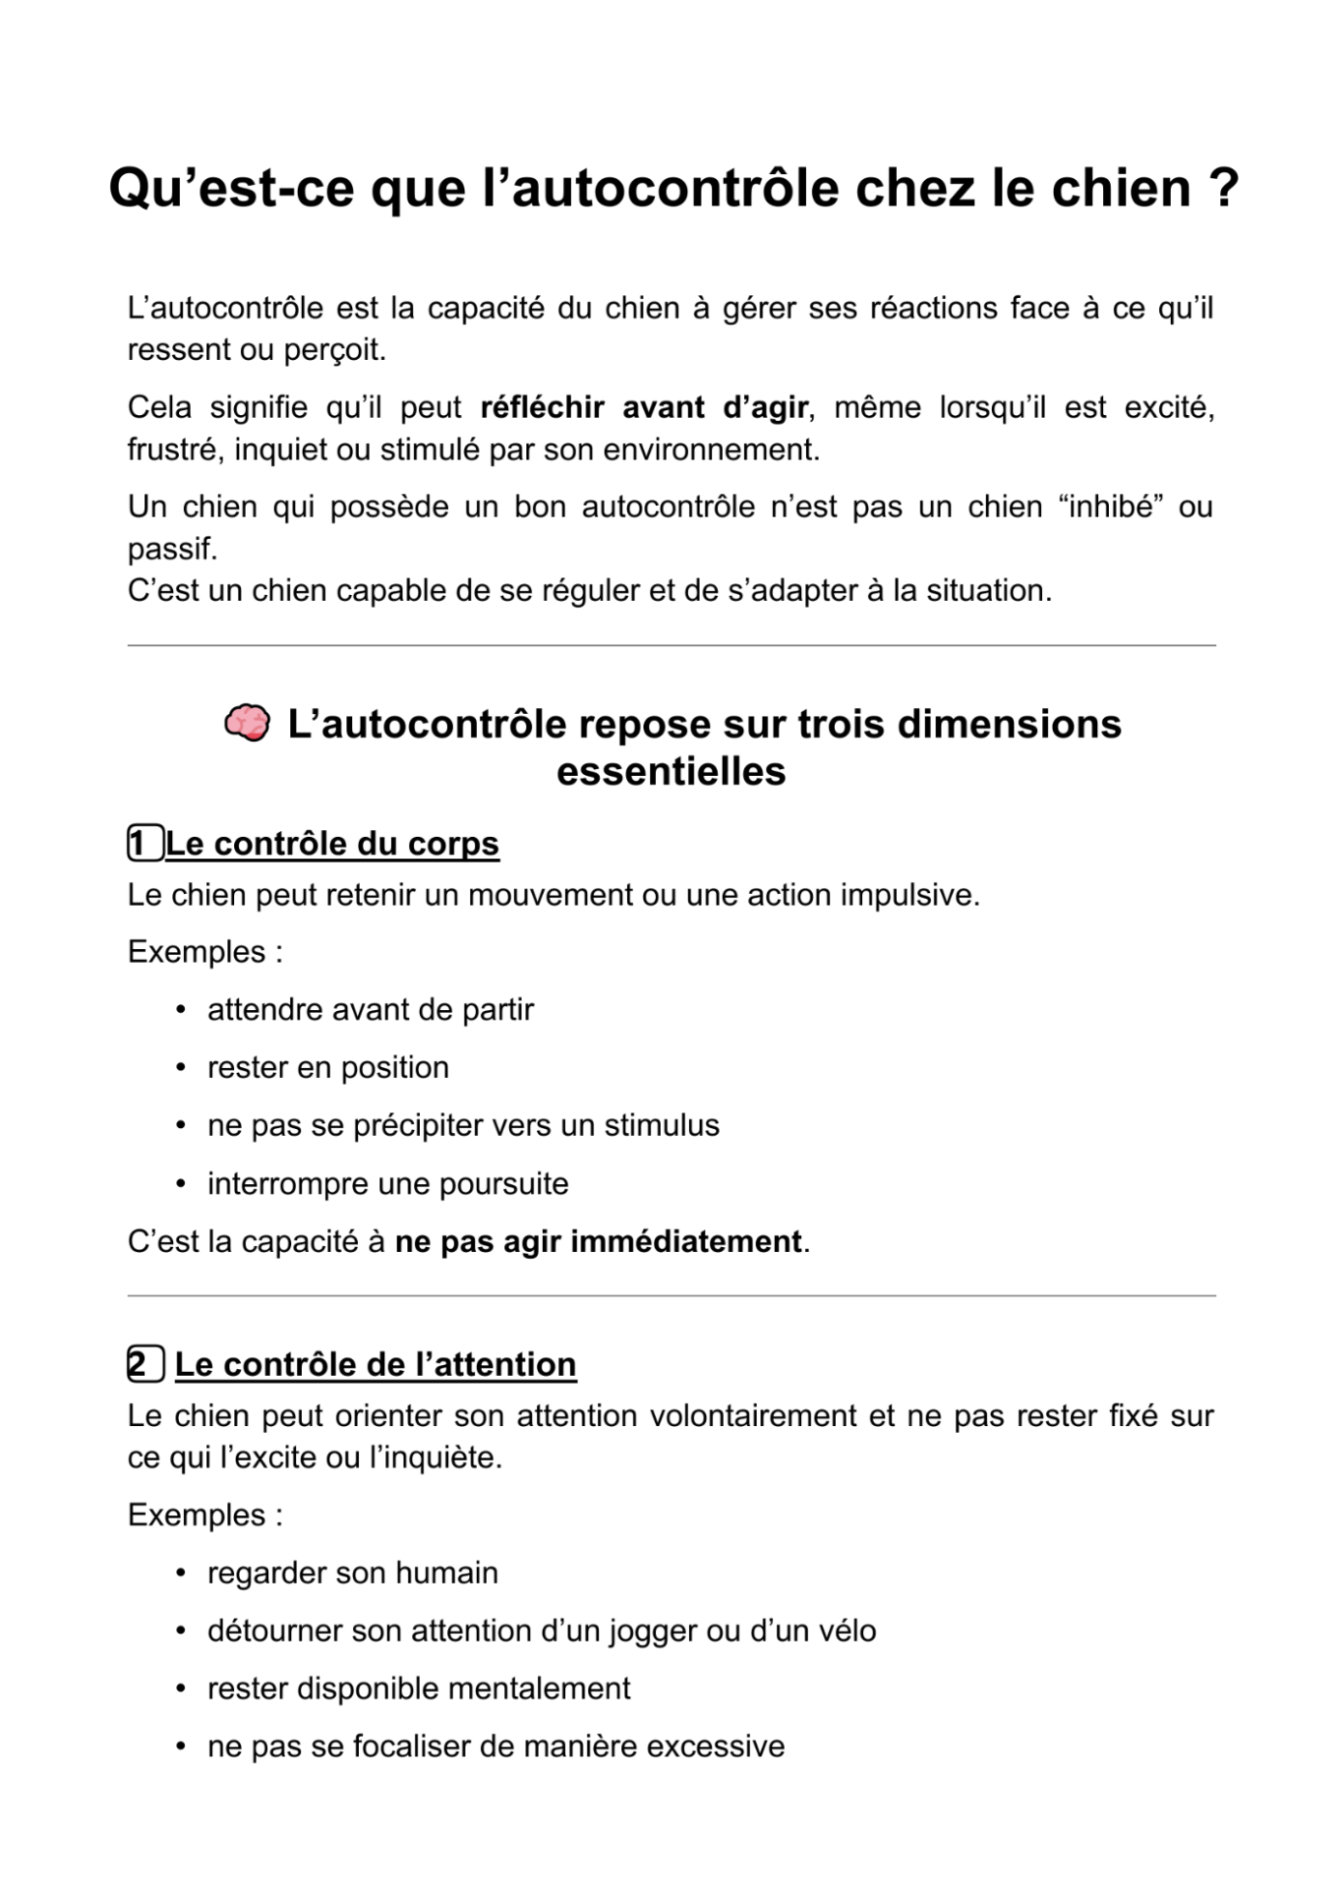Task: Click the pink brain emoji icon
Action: [246, 723]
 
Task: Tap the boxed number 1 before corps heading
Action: [145, 844]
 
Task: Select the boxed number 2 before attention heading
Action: [145, 1364]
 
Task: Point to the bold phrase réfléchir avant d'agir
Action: [644, 407]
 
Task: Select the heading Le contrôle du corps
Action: [332, 844]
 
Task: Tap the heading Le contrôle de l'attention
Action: [376, 1364]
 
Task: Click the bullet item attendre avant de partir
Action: [370, 1010]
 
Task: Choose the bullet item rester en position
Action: [327, 1068]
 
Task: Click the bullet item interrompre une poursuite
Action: [387, 1183]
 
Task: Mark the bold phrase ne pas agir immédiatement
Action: [598, 1241]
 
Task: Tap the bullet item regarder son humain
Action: [352, 1573]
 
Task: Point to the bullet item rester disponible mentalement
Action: [418, 1689]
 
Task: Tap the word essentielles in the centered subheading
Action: [671, 771]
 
